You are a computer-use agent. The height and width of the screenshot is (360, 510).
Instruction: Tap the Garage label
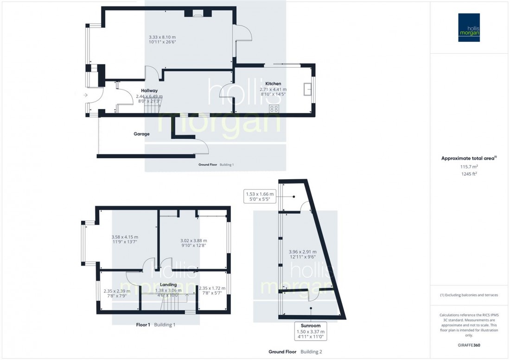(142, 134)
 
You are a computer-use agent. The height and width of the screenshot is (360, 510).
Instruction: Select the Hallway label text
(149, 91)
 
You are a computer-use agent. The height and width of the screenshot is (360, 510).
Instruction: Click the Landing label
(168, 284)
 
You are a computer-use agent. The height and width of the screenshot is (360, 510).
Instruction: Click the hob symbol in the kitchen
(274, 109)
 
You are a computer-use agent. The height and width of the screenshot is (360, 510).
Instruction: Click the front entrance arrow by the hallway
(85, 95)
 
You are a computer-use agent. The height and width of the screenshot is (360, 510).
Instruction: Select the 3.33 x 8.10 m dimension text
(162, 37)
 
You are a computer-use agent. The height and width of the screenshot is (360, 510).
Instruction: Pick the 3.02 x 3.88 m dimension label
(193, 240)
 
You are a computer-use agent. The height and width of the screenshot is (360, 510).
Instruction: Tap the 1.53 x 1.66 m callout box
(260, 196)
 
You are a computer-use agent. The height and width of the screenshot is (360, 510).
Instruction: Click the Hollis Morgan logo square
(469, 27)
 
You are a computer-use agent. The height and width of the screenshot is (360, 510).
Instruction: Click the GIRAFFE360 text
(469, 346)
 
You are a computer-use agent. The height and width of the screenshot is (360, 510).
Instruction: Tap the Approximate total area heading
(469, 158)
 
